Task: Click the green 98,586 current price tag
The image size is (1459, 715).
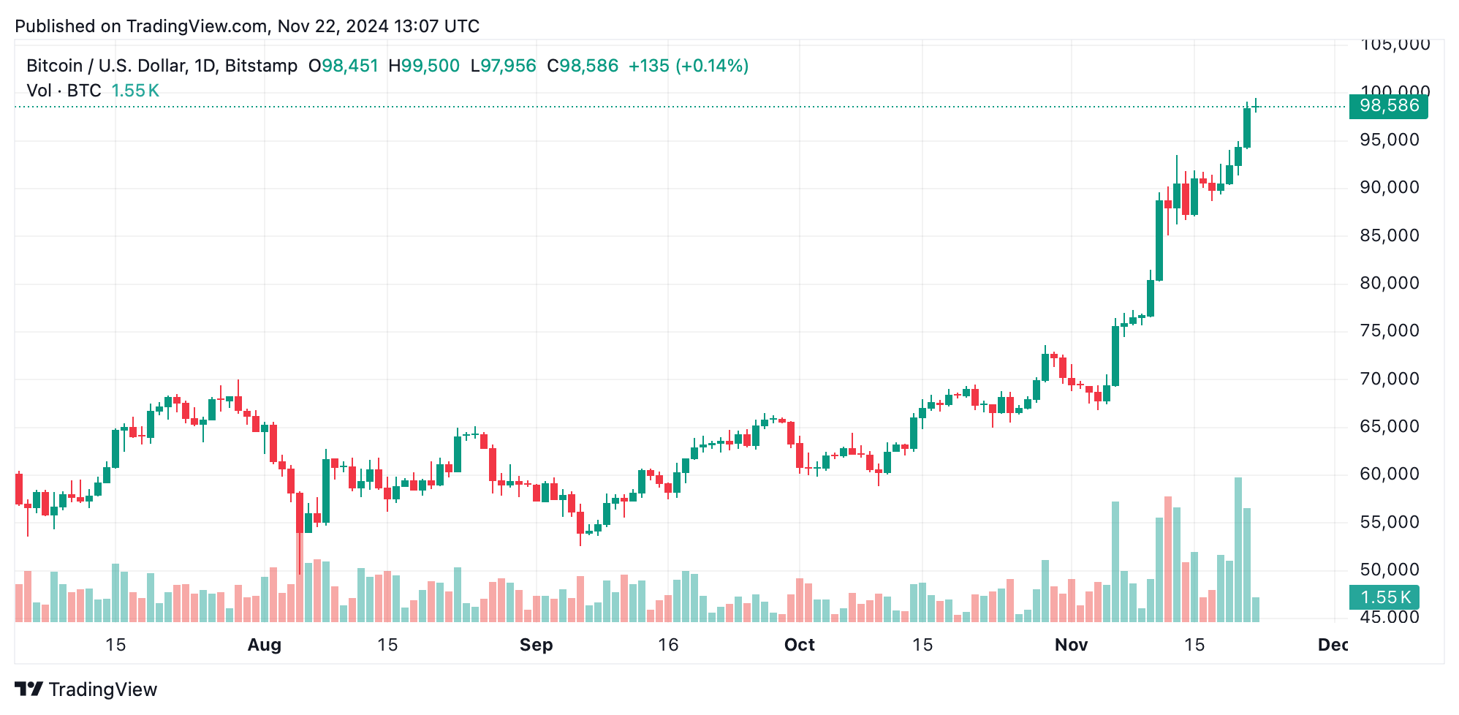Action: (1387, 107)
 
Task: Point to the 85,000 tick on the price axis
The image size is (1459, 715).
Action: (1389, 235)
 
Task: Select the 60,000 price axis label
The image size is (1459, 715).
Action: (1389, 474)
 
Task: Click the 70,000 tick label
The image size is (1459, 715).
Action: (1389, 379)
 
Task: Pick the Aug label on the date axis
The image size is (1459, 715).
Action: (264, 645)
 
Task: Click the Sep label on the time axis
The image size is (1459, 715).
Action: (536, 645)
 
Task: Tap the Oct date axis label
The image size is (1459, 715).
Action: (799, 645)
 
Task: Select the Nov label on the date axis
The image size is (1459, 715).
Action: (1071, 645)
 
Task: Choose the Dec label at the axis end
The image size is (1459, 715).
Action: (1333, 645)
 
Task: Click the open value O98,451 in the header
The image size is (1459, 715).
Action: (343, 66)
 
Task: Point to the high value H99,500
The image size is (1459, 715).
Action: (424, 66)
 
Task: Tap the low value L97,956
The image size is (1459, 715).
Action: (504, 66)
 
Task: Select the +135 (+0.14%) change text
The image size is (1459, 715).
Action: (688, 66)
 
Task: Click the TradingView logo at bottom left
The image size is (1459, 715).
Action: (86, 689)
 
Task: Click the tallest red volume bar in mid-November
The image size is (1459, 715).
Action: (1168, 559)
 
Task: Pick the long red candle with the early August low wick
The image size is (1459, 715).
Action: (300, 512)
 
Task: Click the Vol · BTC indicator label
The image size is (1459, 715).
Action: (64, 91)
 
